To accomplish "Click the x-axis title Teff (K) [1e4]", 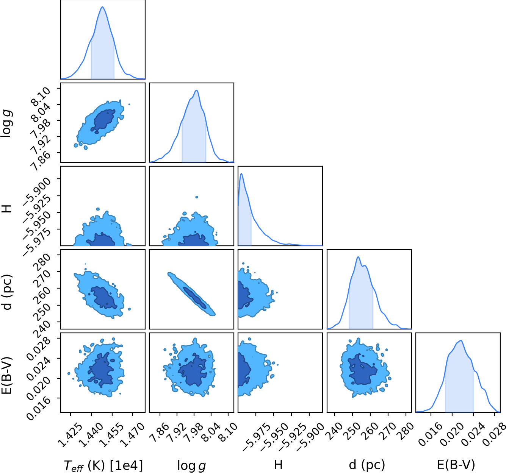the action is pyautogui.click(x=103, y=465).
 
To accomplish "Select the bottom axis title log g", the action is pyautogui.click(x=192, y=465).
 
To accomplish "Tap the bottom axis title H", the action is pyautogui.click(x=278, y=465).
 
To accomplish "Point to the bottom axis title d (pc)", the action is pyautogui.click(x=367, y=465).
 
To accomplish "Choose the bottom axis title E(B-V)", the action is pyautogui.click(x=456, y=465).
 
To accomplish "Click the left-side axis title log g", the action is pyautogui.click(x=7, y=124).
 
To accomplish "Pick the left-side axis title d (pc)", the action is pyautogui.click(x=7, y=292).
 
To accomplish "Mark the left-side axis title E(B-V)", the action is pyautogui.click(x=7, y=375).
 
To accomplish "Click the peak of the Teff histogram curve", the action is pyautogui.click(x=102, y=7).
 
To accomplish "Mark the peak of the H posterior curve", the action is pyautogui.click(x=241, y=173).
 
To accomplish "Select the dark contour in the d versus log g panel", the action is pyautogui.click(x=194, y=297).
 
